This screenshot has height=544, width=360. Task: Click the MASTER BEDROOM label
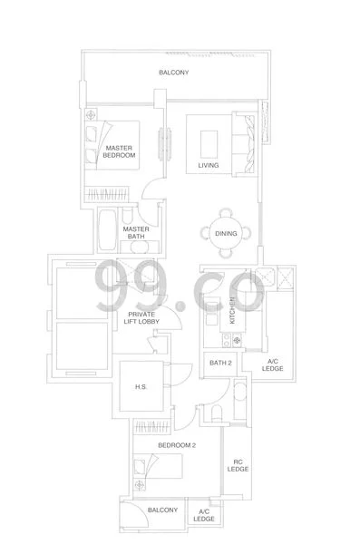pyautogui.click(x=119, y=151)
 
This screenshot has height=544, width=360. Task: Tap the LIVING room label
pyautogui.click(x=209, y=165)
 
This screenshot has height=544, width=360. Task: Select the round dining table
pyautogui.click(x=226, y=233)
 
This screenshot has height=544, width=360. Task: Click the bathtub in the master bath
pyautogui.click(x=107, y=229)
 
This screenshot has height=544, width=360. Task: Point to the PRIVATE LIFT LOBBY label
pyautogui.click(x=141, y=318)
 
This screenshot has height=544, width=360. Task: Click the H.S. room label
pyautogui.click(x=141, y=386)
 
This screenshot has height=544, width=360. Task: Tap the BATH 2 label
pyautogui.click(x=220, y=363)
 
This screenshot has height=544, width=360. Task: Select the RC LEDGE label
pyautogui.click(x=238, y=466)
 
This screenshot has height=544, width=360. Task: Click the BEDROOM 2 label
pyautogui.click(x=177, y=445)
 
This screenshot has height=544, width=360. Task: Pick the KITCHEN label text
pyautogui.click(x=232, y=310)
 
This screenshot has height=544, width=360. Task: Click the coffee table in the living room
pyautogui.click(x=209, y=144)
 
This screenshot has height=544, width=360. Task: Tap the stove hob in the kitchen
pyautogui.click(x=232, y=340)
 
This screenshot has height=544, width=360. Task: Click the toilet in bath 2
pyautogui.click(x=217, y=413)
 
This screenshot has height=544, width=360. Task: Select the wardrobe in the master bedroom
pyautogui.click(x=107, y=194)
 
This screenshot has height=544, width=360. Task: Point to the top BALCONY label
pyautogui.click(x=174, y=73)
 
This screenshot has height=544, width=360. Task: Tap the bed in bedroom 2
pyautogui.click(x=158, y=466)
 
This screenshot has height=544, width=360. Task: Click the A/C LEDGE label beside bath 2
pyautogui.click(x=273, y=365)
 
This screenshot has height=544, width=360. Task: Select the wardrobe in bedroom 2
pyautogui.click(x=152, y=427)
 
